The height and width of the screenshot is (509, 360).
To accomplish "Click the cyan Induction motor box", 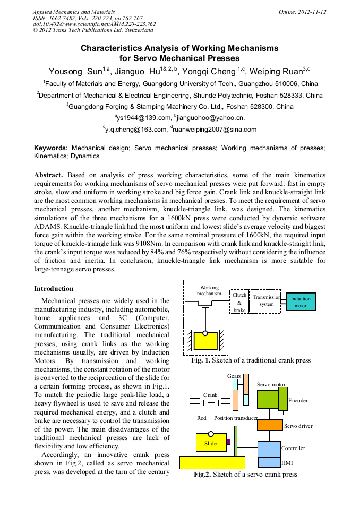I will (301, 302).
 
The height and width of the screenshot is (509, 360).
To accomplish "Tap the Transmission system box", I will (266, 301).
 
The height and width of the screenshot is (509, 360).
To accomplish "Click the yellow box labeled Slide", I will (210, 443).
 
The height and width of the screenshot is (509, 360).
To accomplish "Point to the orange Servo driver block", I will (270, 425).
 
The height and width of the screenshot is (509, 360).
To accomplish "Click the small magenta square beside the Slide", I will (228, 441).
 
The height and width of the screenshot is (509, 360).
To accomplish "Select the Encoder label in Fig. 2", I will (298, 401).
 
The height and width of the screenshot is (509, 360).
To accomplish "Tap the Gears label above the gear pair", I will (234, 376).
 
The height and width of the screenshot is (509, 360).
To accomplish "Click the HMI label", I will (287, 463).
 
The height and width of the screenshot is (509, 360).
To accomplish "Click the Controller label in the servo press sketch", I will (293, 448).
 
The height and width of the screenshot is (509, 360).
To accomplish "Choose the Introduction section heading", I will (54, 289).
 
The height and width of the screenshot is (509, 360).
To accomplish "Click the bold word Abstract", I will (48, 175).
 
